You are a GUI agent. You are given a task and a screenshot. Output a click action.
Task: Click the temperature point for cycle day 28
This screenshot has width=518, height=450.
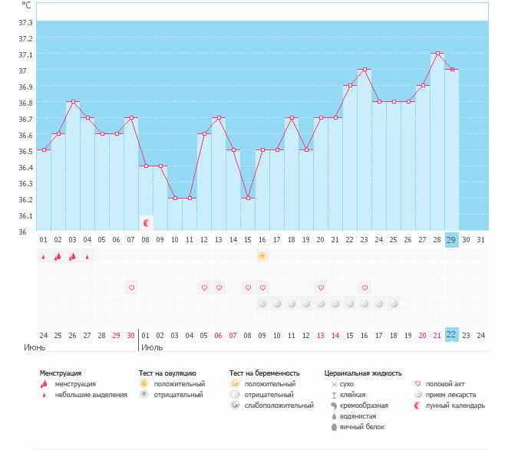pyautogui.click(x=437, y=54)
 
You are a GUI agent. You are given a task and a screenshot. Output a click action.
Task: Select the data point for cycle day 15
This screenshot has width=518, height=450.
pyautogui.click(x=248, y=198)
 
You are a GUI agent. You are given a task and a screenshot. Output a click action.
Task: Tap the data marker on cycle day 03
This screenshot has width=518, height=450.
pyautogui.click(x=73, y=101)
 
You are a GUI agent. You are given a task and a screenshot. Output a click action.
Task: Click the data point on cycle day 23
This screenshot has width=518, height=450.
pyautogui.click(x=365, y=70)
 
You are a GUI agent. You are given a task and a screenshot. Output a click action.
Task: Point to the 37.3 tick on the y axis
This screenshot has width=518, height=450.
pyautogui.click(x=25, y=21)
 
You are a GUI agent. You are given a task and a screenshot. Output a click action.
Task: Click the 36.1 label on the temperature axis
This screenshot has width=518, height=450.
pyautogui.click(x=25, y=215)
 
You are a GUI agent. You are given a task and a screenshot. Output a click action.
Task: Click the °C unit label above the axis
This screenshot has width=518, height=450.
pyautogui.click(x=26, y=5)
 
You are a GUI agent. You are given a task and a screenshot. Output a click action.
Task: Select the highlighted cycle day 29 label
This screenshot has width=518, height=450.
pyautogui.click(x=452, y=240)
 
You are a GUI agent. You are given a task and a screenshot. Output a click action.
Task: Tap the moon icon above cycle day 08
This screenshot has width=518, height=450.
pyautogui.click(x=147, y=223)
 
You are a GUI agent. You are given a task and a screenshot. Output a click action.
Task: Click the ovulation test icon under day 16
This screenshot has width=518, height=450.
pyautogui.click(x=262, y=256)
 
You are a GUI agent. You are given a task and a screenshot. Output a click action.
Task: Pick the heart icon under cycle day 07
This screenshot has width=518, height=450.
pyautogui.click(x=131, y=287)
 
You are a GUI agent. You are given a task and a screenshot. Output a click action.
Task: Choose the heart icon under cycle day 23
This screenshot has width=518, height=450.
pyautogui.click(x=365, y=287)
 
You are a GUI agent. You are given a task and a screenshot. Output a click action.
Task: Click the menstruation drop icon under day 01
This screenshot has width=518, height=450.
pyautogui.click(x=44, y=257)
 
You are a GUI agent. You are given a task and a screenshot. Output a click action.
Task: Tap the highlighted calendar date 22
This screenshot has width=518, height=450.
pyautogui.click(x=452, y=335)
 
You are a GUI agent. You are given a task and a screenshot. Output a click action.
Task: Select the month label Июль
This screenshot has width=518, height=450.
pyautogui.click(x=151, y=347)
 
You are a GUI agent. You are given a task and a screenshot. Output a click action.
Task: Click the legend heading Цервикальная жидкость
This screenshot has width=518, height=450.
pyautogui.click(x=362, y=373)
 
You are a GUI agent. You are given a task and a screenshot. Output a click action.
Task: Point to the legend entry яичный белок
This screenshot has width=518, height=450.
pyautogui.click(x=363, y=426)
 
